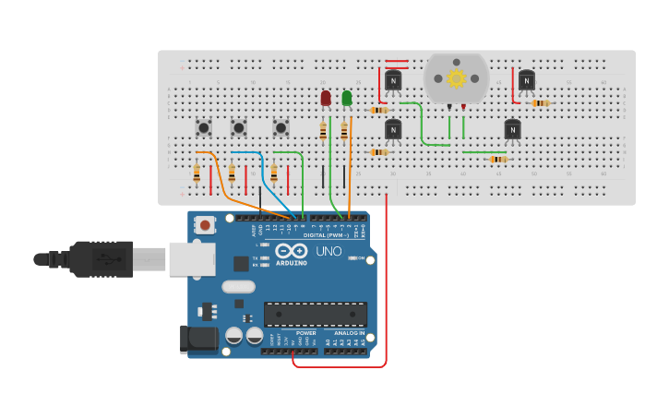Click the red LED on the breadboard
coord(326,98)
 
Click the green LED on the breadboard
coord(347,98)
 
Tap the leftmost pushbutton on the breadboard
coord(204,127)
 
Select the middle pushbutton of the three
coord(239,127)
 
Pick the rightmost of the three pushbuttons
coord(281,127)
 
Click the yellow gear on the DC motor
coord(456,78)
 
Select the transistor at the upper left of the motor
coord(393,81)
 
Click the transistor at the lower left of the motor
coord(393,130)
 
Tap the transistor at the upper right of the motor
coord(526,81)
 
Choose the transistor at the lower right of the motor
coord(512,130)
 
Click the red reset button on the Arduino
coord(205,224)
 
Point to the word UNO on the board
coord(329,251)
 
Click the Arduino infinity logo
coord(292,250)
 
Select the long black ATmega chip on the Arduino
coord(316,315)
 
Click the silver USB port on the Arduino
coord(192,259)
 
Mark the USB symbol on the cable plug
coord(108,258)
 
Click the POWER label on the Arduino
coord(306,333)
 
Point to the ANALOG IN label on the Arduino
coord(349,333)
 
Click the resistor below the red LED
coord(323,132)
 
